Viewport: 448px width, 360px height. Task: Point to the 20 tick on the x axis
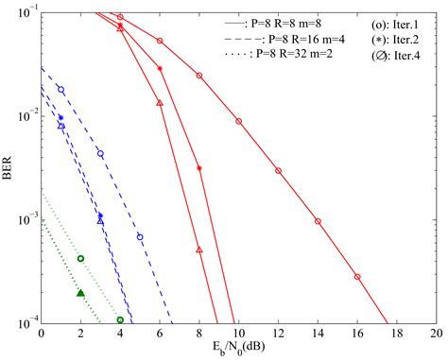[x=436, y=334]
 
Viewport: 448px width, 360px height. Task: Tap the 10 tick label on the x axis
[x=238, y=334]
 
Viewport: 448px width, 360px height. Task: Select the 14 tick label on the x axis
[x=318, y=334]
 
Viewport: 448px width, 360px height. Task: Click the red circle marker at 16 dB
[x=357, y=277]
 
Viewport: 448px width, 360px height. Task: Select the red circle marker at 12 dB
[x=278, y=171]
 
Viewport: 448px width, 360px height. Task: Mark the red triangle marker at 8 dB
[x=199, y=250]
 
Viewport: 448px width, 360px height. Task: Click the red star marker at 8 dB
[x=199, y=168]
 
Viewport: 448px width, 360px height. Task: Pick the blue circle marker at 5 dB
[x=140, y=236]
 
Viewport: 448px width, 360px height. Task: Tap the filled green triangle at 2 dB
[x=80, y=293]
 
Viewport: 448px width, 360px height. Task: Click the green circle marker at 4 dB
[x=120, y=320]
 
